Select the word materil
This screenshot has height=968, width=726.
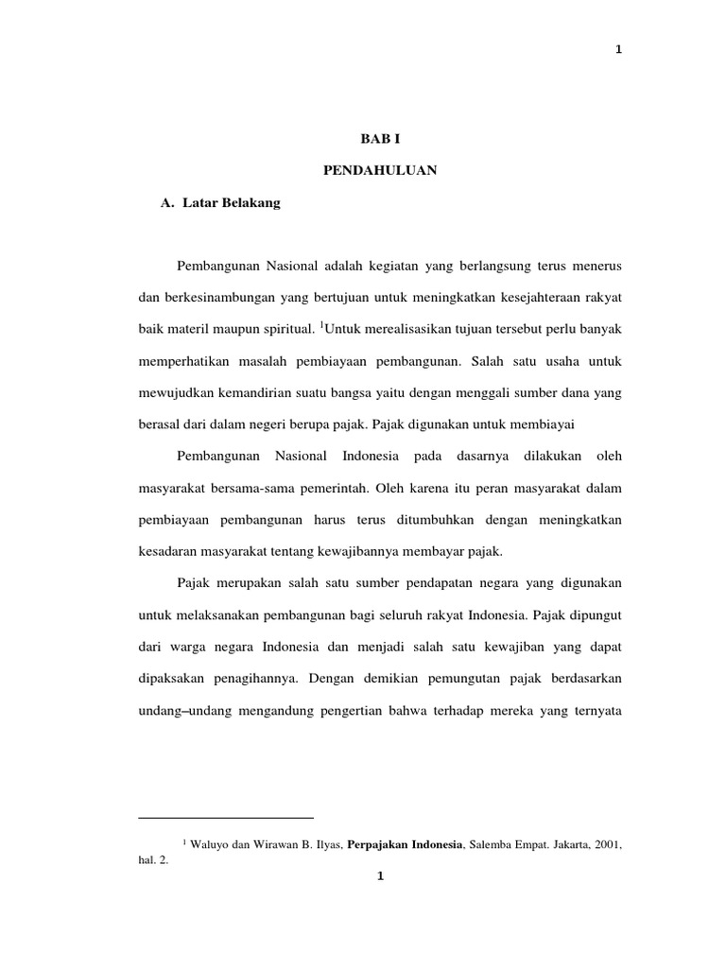[189, 330]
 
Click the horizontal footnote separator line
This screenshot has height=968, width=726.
[225, 818]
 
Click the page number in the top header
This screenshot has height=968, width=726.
[618, 50]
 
